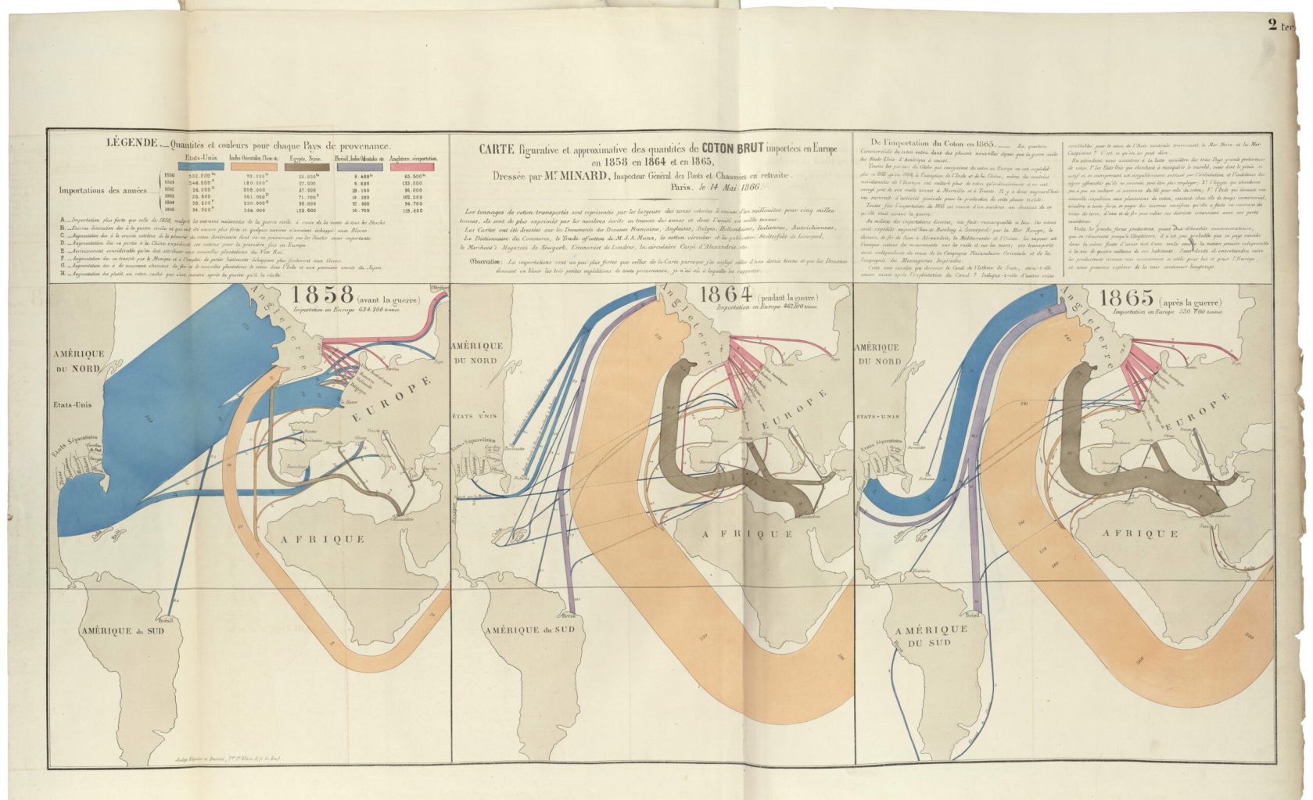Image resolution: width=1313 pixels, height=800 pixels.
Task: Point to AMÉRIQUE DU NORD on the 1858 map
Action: point(77,361)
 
